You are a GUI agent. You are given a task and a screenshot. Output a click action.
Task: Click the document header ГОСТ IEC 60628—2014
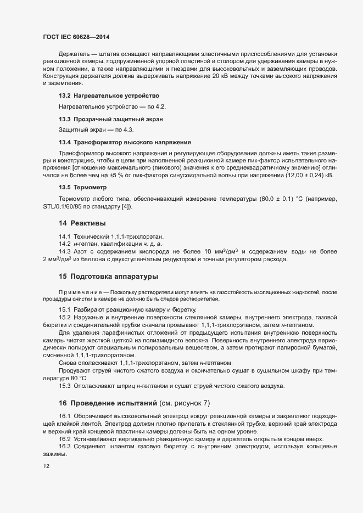[76, 37]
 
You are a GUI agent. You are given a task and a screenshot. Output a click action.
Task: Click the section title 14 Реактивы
[82, 223]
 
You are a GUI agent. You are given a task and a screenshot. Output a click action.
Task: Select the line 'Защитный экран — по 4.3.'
[96, 129]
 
